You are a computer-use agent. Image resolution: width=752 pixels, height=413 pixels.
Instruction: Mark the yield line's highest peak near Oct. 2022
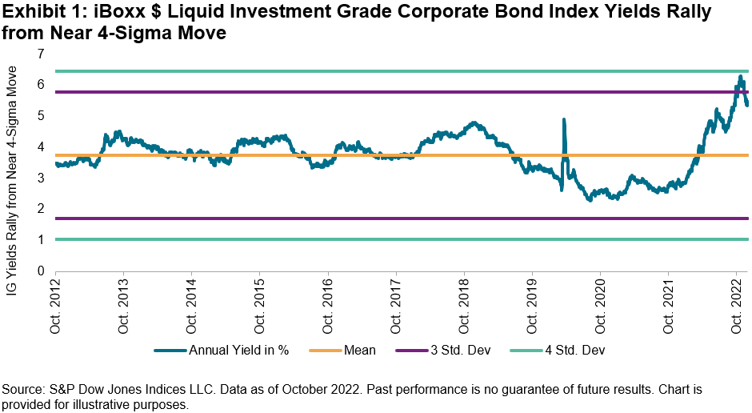coord(741,77)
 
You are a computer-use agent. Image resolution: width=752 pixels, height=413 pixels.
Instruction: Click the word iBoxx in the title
coord(101,12)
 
